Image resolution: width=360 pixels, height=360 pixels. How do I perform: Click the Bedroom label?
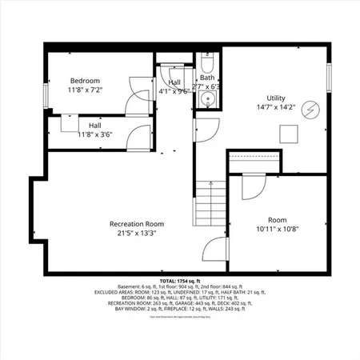(x=85, y=81)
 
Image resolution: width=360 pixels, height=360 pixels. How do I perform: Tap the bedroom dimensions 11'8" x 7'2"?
(x=85, y=91)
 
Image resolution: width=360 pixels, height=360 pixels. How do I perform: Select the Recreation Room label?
(x=137, y=223)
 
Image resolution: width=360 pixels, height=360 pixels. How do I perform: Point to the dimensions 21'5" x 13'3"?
(x=137, y=234)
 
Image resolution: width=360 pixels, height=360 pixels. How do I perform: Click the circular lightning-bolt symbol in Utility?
(x=308, y=111)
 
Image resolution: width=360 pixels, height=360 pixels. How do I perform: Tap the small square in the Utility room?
(x=284, y=133)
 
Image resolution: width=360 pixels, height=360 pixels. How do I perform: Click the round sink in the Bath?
(x=206, y=99)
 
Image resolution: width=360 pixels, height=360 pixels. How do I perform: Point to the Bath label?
(x=206, y=78)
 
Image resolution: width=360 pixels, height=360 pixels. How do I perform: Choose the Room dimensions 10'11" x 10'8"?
(x=277, y=229)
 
